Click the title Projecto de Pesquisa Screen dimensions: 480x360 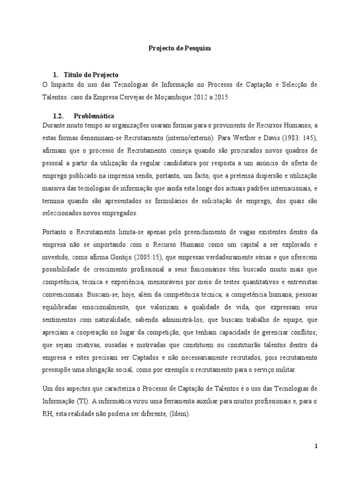point(180,48)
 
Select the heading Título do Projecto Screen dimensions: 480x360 point(92,75)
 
